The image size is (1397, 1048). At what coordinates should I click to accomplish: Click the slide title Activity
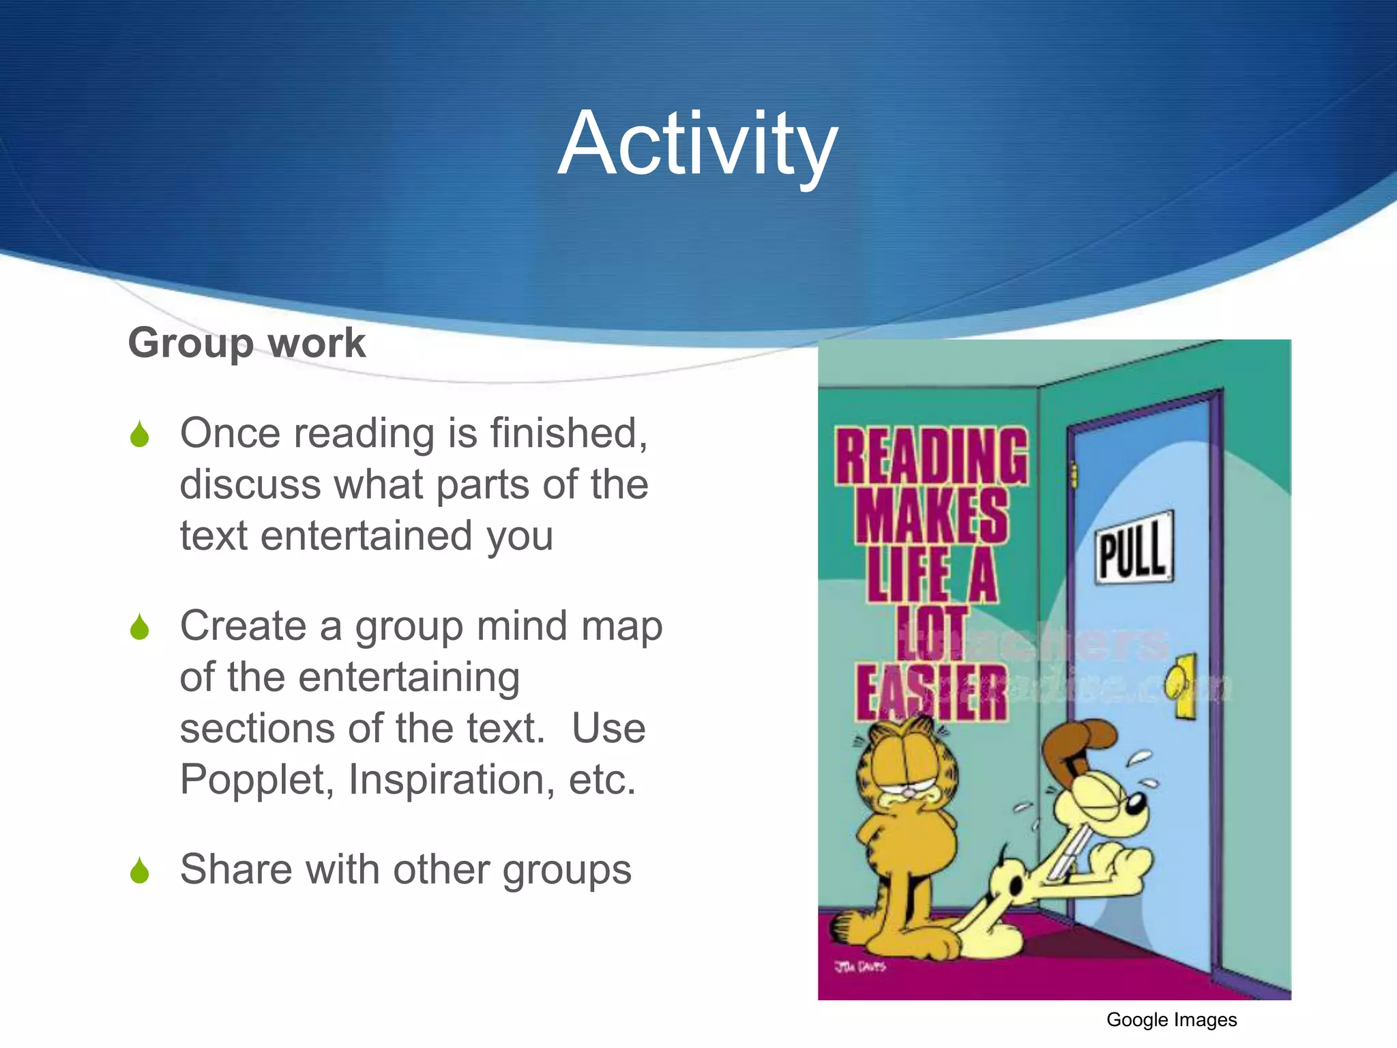tap(697, 145)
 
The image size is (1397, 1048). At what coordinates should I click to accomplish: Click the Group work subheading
tap(247, 343)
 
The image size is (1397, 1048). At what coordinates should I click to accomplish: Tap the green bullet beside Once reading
tap(139, 435)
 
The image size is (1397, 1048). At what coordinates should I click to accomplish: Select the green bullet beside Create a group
tap(139, 627)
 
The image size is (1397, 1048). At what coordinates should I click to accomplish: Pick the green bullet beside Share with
tap(139, 871)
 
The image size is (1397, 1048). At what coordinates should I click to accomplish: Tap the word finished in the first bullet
tap(568, 433)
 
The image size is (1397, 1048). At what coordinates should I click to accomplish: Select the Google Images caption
tap(1171, 1020)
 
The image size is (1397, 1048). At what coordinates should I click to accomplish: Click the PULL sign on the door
tap(1134, 548)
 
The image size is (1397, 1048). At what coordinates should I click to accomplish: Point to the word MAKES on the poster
tap(932, 515)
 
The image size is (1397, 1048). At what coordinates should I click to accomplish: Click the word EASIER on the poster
tap(932, 692)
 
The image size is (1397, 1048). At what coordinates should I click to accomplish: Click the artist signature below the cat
tap(859, 966)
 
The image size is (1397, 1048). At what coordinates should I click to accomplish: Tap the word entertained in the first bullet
tap(367, 536)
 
